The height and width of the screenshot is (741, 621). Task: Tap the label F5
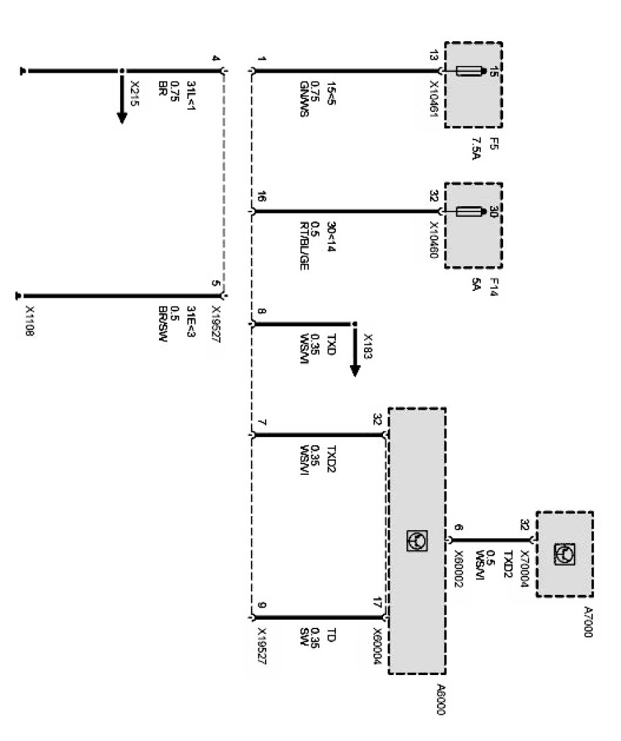click(494, 144)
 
